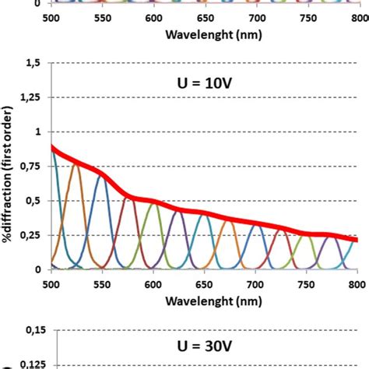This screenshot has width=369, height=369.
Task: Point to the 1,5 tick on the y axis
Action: (x=35, y=63)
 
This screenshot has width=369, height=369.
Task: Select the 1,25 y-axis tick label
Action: (x=32, y=97)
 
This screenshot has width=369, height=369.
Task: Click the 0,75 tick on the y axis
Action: (x=32, y=166)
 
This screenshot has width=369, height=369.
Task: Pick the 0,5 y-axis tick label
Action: (x=35, y=201)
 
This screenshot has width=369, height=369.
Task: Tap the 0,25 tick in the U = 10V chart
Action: (x=32, y=235)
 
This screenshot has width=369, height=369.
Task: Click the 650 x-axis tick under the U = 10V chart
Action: (x=205, y=280)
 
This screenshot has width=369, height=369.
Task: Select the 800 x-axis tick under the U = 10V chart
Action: (x=357, y=280)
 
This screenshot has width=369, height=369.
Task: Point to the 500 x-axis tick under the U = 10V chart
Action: (x=52, y=280)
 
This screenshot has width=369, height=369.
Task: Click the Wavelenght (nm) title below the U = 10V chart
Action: (x=204, y=297)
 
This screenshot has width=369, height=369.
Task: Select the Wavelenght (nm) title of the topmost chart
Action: (x=204, y=33)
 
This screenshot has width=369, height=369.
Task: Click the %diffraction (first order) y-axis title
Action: (x=12, y=166)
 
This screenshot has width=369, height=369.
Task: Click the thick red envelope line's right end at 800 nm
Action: (x=356, y=239)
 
